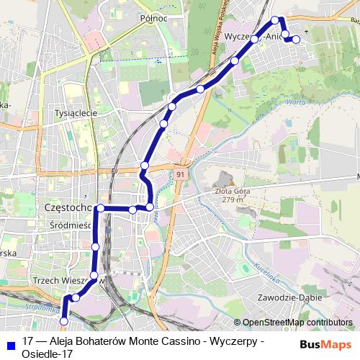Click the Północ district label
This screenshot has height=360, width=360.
point(154,18)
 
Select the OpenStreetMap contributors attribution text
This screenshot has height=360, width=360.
point(297,323)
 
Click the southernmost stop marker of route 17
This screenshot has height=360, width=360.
point(63,321)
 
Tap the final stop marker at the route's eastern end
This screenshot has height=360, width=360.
point(297,39)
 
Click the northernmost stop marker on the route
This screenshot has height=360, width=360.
point(274,19)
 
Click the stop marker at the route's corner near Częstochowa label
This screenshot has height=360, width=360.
point(101,208)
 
